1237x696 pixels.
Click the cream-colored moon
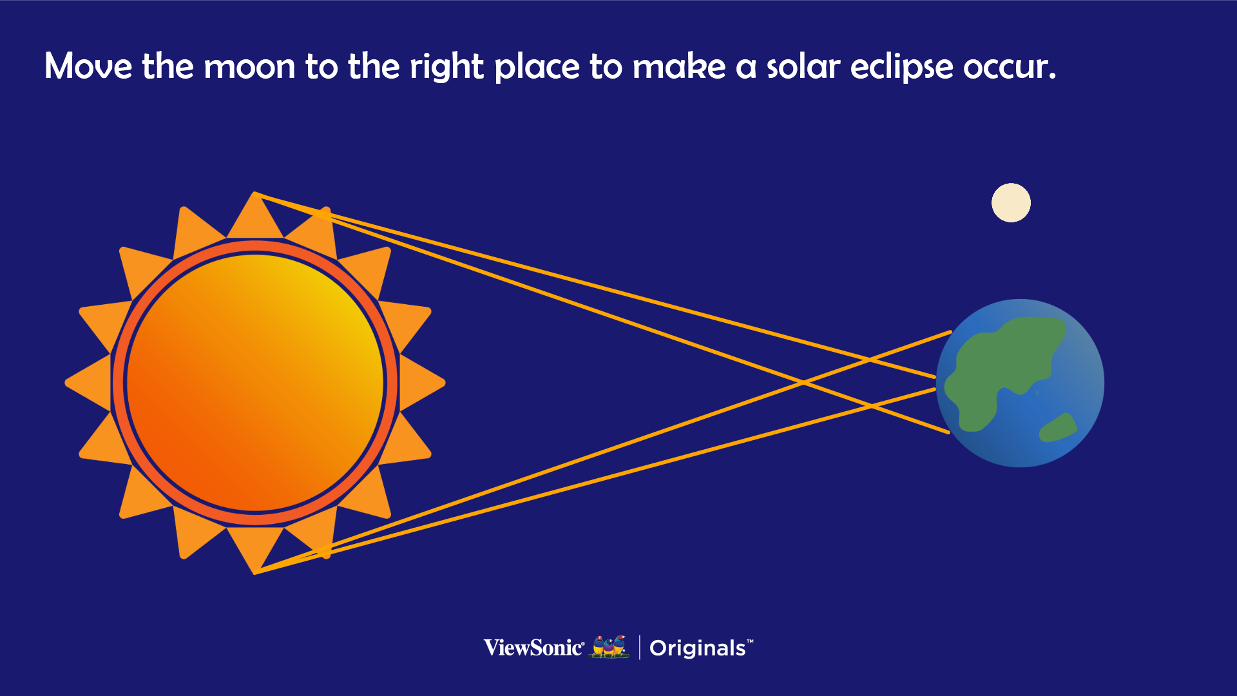point(1011,203)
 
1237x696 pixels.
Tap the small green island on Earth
point(1058,428)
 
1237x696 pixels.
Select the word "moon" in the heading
point(249,66)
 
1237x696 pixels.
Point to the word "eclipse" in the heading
point(902,68)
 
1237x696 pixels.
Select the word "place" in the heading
point(537,68)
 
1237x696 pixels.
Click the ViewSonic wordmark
point(534,648)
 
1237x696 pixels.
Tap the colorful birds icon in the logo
point(609,647)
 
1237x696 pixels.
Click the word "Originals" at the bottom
point(698,648)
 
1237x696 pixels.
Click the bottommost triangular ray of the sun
point(255,548)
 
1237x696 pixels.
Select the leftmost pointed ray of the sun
point(90,383)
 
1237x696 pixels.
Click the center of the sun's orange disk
point(255,383)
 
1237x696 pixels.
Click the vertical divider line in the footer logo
point(639,648)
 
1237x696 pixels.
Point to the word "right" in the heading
point(446,68)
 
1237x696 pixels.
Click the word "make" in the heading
point(679,66)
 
